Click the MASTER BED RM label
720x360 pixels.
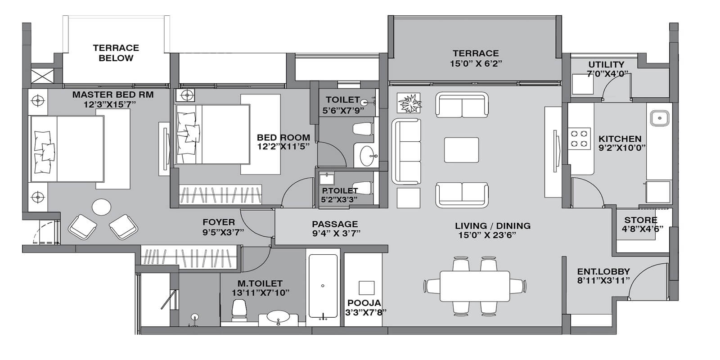point(113,95)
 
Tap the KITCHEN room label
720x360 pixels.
point(620,139)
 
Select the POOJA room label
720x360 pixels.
point(364,303)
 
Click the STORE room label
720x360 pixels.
point(640,220)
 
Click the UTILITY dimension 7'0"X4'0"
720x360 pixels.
point(607,74)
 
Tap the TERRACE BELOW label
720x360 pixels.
point(116,53)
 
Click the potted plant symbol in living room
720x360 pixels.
point(409,103)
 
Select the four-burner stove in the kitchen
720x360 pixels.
point(580,139)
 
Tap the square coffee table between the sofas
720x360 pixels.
point(461,150)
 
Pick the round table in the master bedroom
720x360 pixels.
point(102,208)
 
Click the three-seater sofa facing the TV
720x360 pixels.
point(406,151)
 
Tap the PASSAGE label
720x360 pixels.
point(335,224)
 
